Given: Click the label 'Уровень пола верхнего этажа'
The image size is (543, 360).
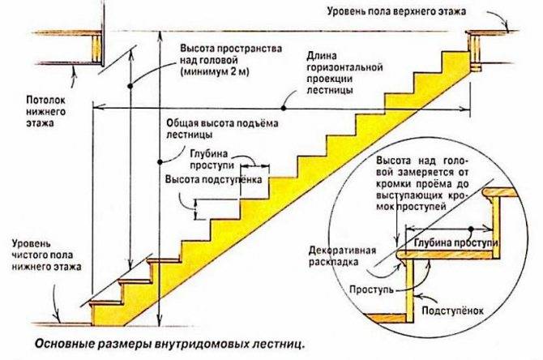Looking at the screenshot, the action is (x=396, y=11).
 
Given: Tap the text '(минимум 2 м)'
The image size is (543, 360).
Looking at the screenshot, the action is (x=215, y=71).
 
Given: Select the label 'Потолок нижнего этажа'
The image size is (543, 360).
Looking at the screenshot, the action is (x=46, y=111).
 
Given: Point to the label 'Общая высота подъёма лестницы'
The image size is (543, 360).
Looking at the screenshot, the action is (x=222, y=129).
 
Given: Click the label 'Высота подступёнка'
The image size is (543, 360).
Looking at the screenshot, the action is (x=213, y=180).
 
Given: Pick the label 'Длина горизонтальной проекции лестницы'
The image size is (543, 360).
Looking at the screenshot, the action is (x=344, y=73).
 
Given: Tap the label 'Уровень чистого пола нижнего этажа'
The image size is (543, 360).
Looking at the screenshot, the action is (x=47, y=255).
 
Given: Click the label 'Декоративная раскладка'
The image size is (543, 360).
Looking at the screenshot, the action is (x=342, y=256).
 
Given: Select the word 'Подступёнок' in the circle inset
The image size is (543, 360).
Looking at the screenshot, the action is (x=452, y=310).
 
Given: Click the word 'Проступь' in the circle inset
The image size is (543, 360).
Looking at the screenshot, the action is (x=371, y=289).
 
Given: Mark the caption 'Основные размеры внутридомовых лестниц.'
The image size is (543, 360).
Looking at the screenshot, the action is (x=169, y=345).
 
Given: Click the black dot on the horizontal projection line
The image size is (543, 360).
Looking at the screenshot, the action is (x=284, y=109).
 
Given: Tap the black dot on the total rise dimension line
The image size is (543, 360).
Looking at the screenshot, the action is (x=160, y=162).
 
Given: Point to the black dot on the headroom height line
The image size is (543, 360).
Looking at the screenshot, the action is (x=130, y=86).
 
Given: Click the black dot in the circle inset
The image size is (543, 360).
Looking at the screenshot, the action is (x=471, y=229).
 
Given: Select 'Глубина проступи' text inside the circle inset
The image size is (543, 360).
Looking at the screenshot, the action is (x=455, y=242).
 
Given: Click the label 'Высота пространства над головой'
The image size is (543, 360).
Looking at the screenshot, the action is (x=231, y=54).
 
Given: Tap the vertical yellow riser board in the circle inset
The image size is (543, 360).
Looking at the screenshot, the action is (x=409, y=291).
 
